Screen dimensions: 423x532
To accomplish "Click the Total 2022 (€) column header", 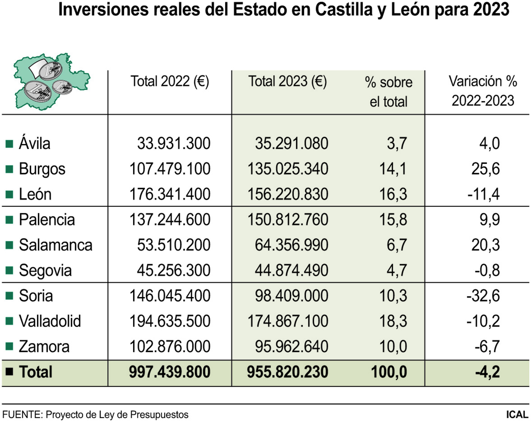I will pos(170,81).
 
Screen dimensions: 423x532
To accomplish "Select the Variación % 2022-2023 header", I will pos(483,91).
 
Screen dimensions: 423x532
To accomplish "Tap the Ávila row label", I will pos(35,144).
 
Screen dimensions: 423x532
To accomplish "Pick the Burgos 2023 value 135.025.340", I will pos(288,169).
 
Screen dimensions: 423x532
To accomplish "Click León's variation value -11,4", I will pos(484,194).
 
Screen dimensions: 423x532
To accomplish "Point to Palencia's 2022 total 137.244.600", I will pos(170,220).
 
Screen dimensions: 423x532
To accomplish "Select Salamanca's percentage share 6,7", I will pos(397,245).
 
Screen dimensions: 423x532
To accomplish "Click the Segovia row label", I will pos(45,271).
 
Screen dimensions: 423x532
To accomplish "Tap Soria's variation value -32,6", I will pos(483,296).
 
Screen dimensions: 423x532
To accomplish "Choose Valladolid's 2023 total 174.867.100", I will pos(288,321).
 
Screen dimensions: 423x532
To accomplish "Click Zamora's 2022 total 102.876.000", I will pos(170,346).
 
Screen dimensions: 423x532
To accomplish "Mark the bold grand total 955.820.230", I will pos(287,372).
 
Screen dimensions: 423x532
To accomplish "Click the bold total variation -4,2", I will pos(488,372).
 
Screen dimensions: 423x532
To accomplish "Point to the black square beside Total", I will pos(9,371).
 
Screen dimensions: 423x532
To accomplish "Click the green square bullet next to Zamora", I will pos(9,346).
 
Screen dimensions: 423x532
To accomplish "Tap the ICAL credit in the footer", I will pos(517,415).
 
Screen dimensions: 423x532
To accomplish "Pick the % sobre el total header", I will pos(388,92).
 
